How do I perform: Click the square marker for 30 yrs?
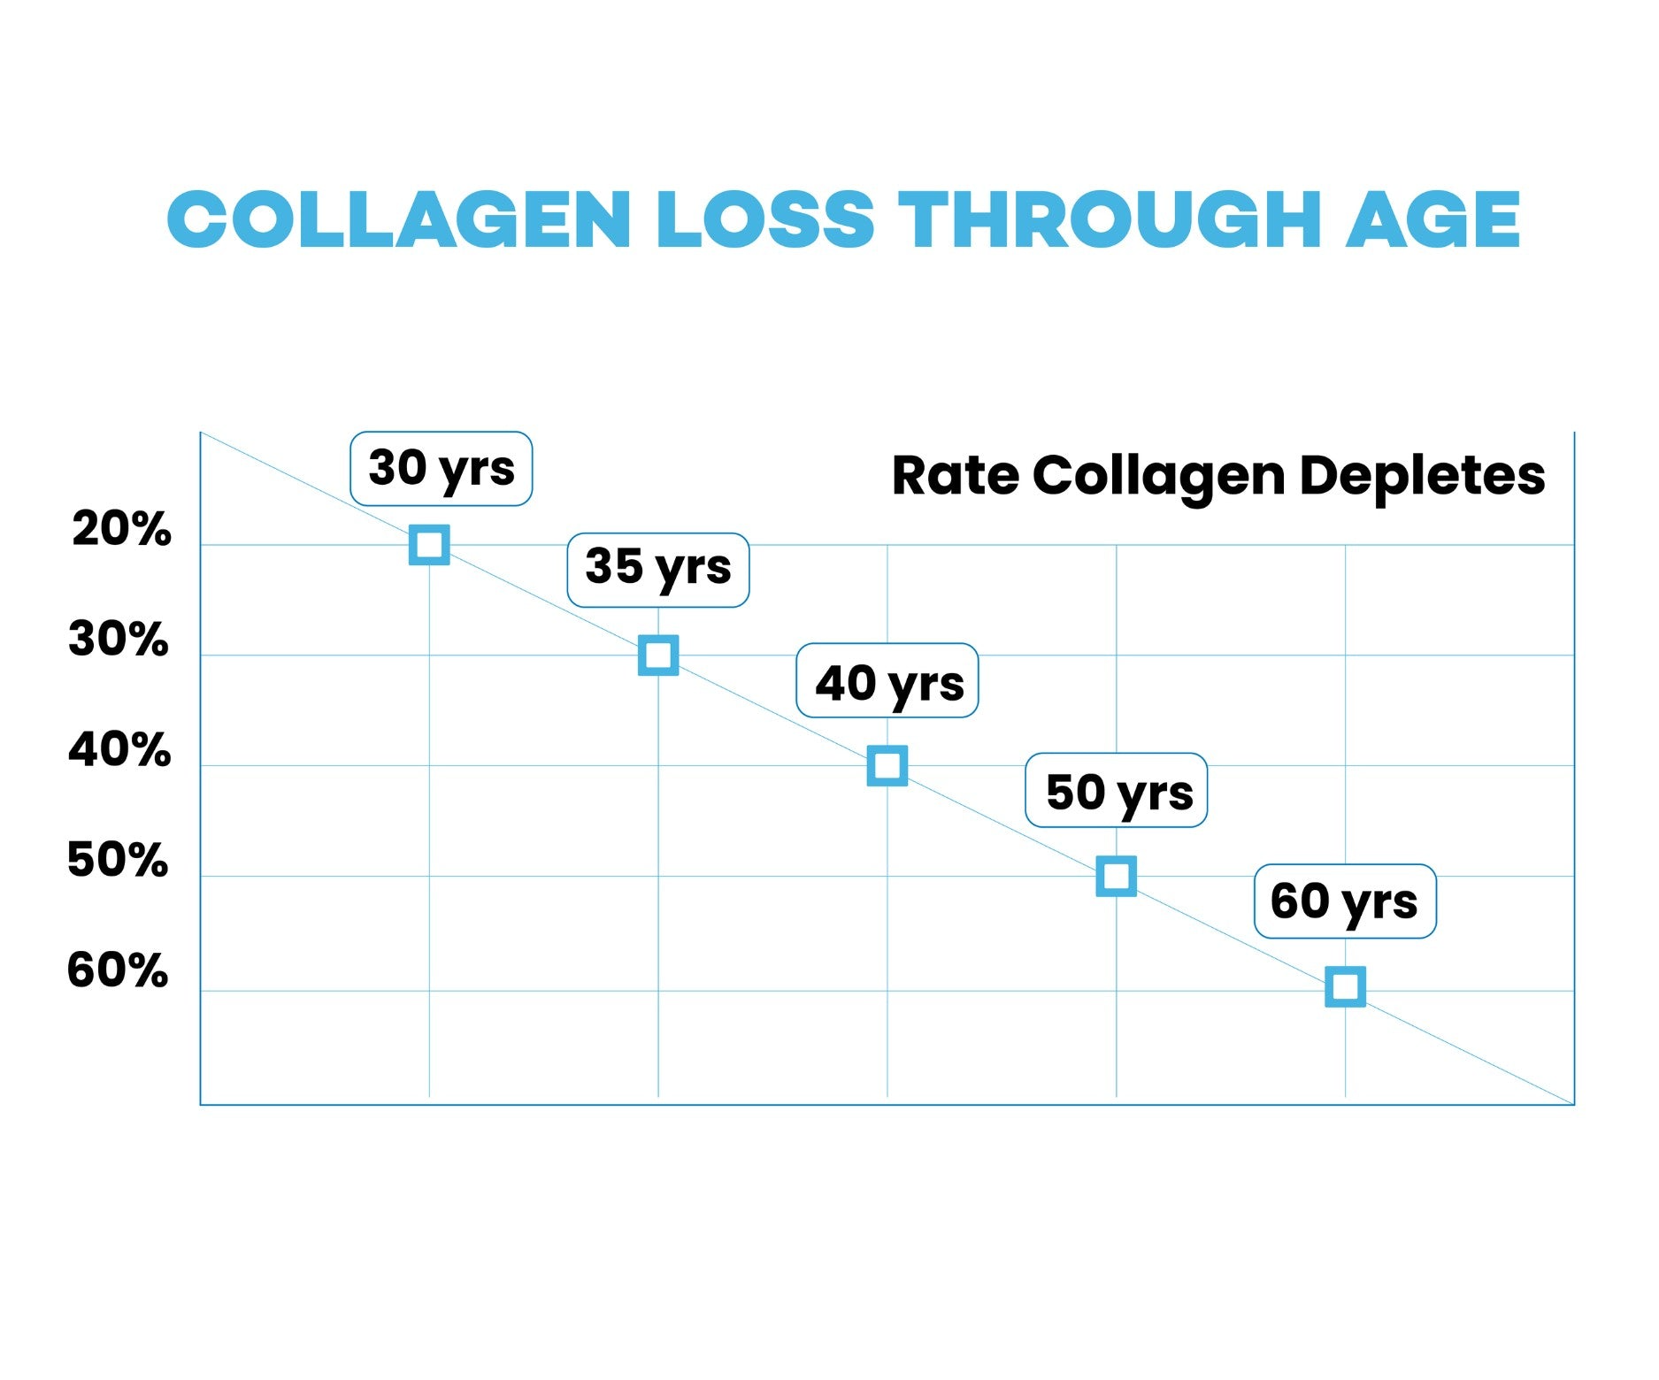tap(429, 545)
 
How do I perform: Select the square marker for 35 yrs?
tap(658, 655)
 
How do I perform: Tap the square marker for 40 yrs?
tap(887, 766)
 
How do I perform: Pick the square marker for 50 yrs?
tap(1117, 877)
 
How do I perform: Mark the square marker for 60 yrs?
tap(1345, 987)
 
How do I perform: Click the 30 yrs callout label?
tap(442, 469)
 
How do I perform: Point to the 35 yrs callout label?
tap(658, 570)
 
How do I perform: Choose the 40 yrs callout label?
tap(887, 680)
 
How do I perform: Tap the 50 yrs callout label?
tap(1117, 791)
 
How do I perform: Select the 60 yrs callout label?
tap(1345, 901)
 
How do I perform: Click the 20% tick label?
tap(121, 530)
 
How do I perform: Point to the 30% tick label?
tap(119, 640)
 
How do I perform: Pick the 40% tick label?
tap(119, 750)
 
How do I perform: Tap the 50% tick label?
tap(118, 861)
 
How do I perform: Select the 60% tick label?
tap(118, 970)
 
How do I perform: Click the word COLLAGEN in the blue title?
tap(398, 219)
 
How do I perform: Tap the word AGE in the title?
tap(1432, 219)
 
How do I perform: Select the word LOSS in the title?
tap(765, 219)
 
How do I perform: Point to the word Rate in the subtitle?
tap(956, 476)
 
